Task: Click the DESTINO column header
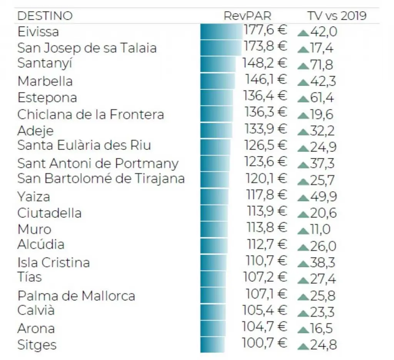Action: pos(45,16)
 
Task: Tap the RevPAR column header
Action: pos(247,16)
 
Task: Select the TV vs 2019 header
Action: pos(337,16)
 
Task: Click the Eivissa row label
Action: pos(38,32)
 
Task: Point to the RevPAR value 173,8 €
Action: pos(265,47)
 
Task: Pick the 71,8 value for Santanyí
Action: pos(321,65)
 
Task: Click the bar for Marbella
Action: pos(217,81)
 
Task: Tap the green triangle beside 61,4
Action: pos(303,99)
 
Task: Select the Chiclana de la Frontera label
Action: pos(91,114)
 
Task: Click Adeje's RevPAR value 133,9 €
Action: pos(265,129)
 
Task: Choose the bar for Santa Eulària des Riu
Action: pos(215,147)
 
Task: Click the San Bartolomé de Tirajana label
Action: pos(101,179)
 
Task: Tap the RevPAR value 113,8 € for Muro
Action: pos(266,227)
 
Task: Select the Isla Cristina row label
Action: pos(53,263)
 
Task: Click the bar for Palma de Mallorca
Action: pos(213,295)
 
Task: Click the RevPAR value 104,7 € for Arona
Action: pos(265,327)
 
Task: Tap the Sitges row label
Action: pos(37,345)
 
